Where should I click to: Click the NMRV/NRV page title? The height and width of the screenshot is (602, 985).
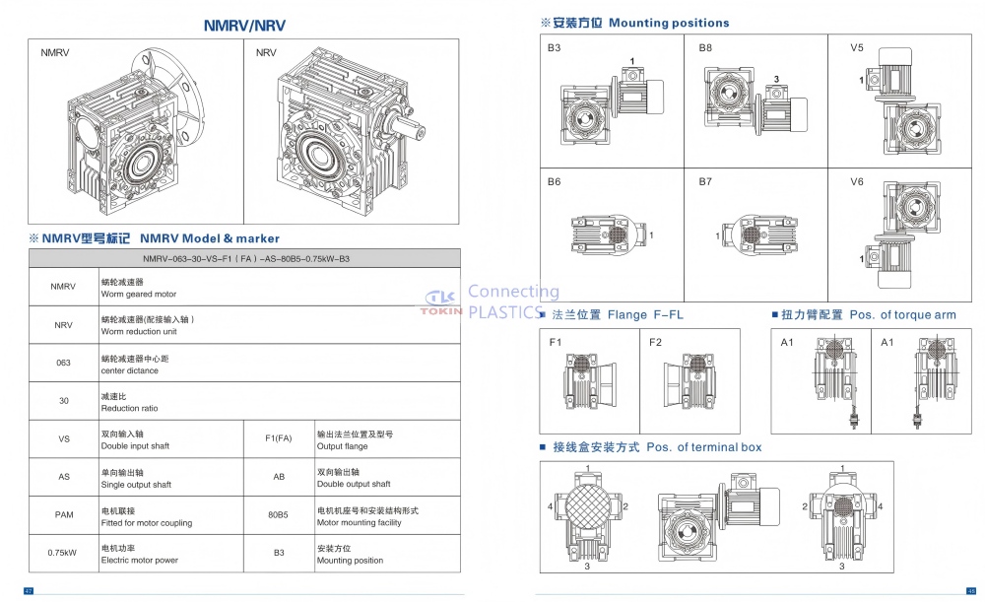pyautogui.click(x=245, y=26)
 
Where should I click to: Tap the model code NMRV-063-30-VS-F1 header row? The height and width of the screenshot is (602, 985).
pyautogui.click(x=245, y=258)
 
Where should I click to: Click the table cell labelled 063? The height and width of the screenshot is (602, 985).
pyautogui.click(x=63, y=363)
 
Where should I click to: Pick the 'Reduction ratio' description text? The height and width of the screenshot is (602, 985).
pyautogui.click(x=129, y=408)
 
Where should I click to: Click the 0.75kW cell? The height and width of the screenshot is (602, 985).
pyautogui.click(x=63, y=553)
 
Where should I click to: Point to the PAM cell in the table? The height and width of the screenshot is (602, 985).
pyautogui.click(x=63, y=514)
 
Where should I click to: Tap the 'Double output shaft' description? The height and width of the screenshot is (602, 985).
pyautogui.click(x=354, y=484)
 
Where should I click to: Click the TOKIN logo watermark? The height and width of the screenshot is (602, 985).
pyautogui.click(x=441, y=303)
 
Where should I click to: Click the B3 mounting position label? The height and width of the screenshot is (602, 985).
pyautogui.click(x=555, y=48)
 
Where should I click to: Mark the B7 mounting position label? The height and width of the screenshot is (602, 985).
pyautogui.click(x=705, y=182)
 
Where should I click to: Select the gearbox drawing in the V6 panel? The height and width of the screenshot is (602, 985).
pyautogui.click(x=911, y=225)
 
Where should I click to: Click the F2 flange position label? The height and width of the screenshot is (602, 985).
pyautogui.click(x=656, y=342)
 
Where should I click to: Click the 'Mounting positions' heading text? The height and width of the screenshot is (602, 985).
pyautogui.click(x=669, y=23)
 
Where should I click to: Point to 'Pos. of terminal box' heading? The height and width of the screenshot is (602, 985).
pyautogui.click(x=703, y=447)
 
